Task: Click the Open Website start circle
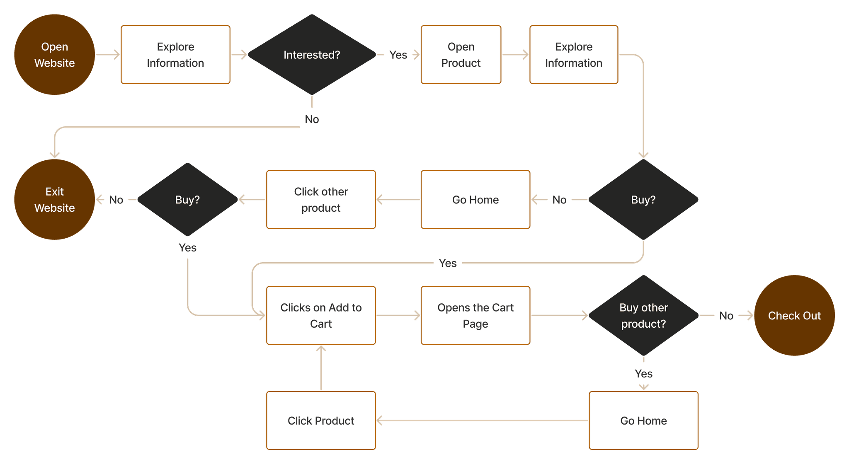54,55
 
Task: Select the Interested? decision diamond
312,55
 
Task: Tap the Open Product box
461,55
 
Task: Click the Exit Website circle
54,199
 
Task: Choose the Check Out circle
794,315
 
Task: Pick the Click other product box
321,199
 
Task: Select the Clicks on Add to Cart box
321,315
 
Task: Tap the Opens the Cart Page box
475,315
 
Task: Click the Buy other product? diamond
643,315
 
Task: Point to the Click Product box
321,420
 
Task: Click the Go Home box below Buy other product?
643,420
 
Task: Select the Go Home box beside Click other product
475,199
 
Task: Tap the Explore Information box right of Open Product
574,55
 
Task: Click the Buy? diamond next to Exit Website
187,199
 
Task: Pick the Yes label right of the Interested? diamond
398,55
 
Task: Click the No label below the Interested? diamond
312,119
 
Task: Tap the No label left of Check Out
726,316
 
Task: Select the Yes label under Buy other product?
643,374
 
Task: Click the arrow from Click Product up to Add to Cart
321,368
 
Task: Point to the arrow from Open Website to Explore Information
108,54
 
